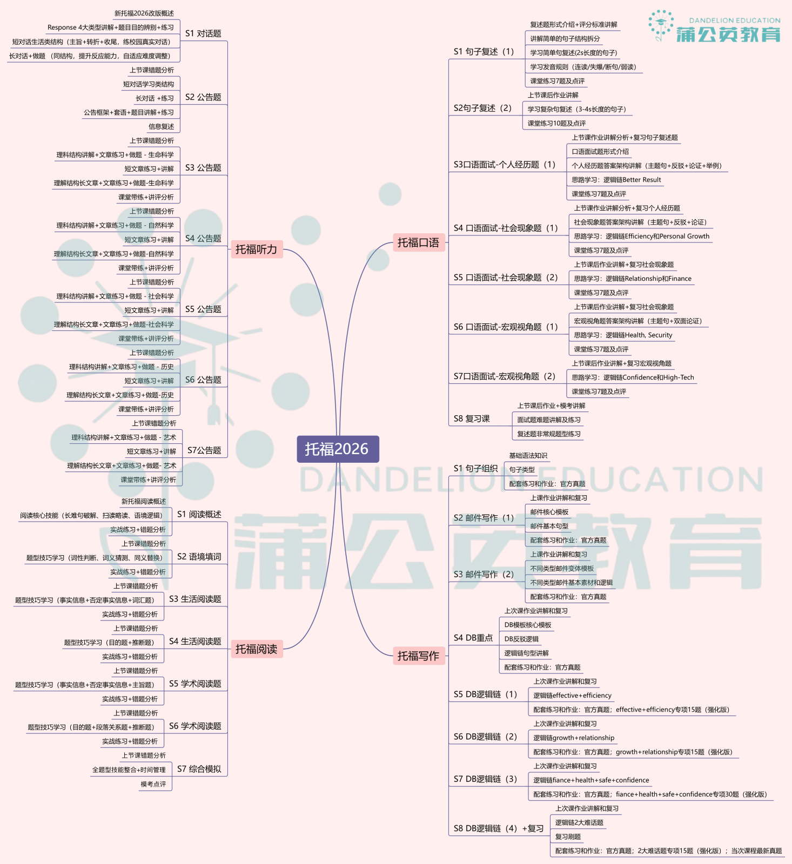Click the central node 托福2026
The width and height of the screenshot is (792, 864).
[337, 449]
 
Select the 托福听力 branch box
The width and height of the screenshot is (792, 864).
[256, 249]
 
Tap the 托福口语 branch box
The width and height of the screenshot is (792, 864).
[418, 242]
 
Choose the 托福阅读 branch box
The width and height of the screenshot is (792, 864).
[256, 649]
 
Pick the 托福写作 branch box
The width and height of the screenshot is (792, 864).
[418, 656]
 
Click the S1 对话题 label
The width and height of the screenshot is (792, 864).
[203, 33]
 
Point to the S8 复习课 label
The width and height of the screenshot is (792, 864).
[472, 418]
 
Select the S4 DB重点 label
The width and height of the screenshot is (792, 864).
[473, 638]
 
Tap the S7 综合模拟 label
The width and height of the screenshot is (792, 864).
[199, 769]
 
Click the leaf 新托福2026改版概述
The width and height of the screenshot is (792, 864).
[144, 13]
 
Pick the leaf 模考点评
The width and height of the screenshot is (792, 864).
[153, 784]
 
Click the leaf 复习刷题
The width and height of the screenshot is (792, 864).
[568, 836]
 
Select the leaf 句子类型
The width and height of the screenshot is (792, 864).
[522, 470]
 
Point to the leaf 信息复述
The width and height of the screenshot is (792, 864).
[162, 126]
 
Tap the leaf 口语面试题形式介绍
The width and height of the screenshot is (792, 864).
[600, 152]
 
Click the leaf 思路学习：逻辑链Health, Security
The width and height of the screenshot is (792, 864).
[623, 335]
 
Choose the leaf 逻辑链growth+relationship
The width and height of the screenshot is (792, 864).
[574, 738]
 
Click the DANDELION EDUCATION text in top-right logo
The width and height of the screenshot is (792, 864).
[735, 21]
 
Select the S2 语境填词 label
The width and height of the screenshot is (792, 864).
[199, 557]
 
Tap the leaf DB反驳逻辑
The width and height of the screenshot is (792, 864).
[521, 639]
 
